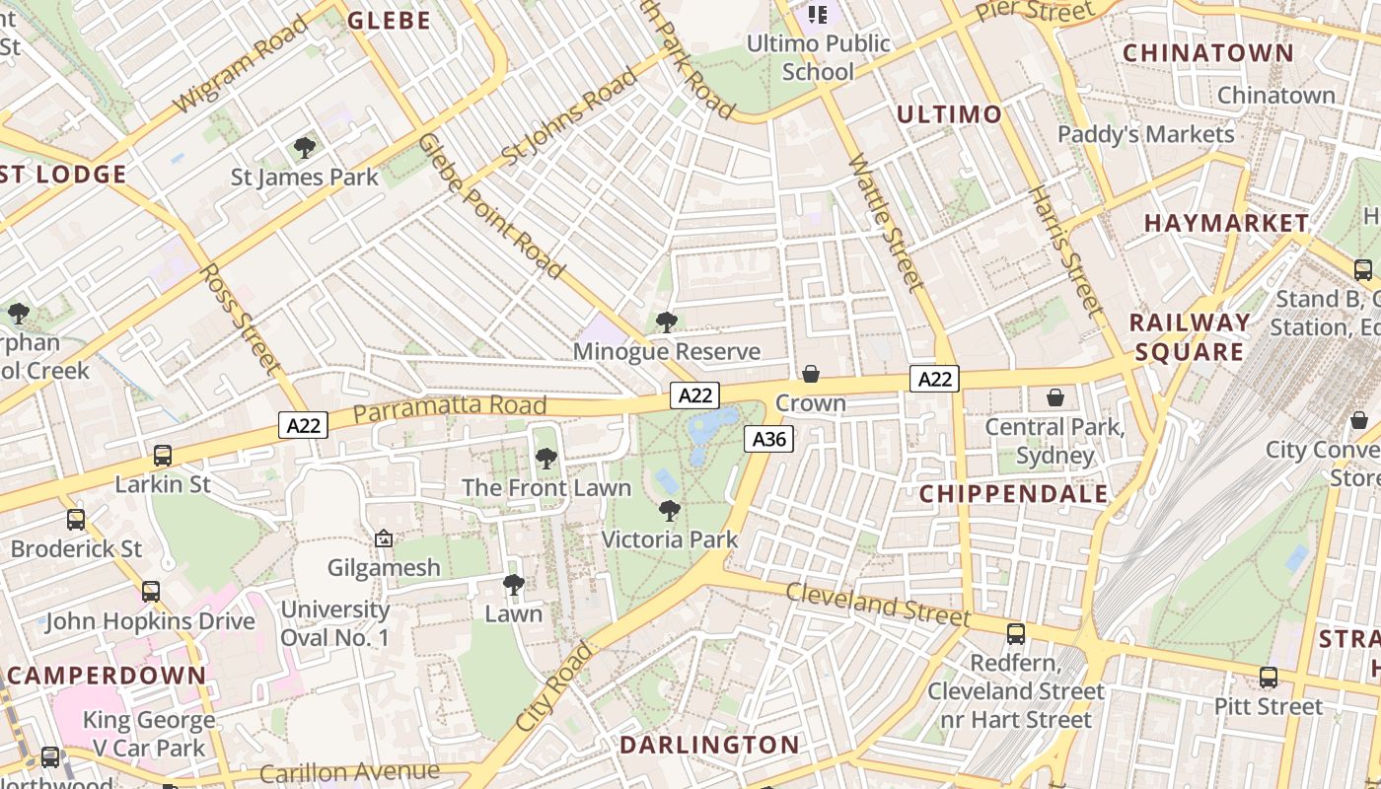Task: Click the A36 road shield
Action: pyautogui.click(x=768, y=439)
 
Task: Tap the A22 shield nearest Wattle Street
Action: pyautogui.click(x=934, y=379)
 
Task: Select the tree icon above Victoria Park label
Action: pyautogui.click(x=670, y=511)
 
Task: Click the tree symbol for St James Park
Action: pyautogui.click(x=305, y=148)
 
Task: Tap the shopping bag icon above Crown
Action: pyautogui.click(x=810, y=374)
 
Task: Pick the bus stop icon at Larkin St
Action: pyautogui.click(x=163, y=456)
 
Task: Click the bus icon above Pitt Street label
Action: pyautogui.click(x=1269, y=678)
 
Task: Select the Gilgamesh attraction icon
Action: pyautogui.click(x=384, y=538)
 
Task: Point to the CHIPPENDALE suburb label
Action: pyautogui.click(x=1014, y=494)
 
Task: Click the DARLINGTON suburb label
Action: pyautogui.click(x=709, y=745)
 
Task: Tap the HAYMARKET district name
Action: pyautogui.click(x=1226, y=224)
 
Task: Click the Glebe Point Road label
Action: pyautogui.click(x=490, y=206)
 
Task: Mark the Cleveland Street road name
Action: pyautogui.click(x=878, y=604)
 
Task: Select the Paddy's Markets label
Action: pyautogui.click(x=1145, y=134)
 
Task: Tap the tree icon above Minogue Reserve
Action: pyautogui.click(x=667, y=322)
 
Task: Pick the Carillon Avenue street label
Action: pyautogui.click(x=349, y=772)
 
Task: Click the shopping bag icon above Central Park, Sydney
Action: pyautogui.click(x=1055, y=397)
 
